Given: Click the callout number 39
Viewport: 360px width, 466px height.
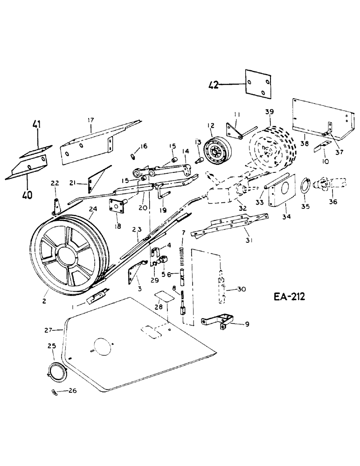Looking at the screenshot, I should point(270,113).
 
